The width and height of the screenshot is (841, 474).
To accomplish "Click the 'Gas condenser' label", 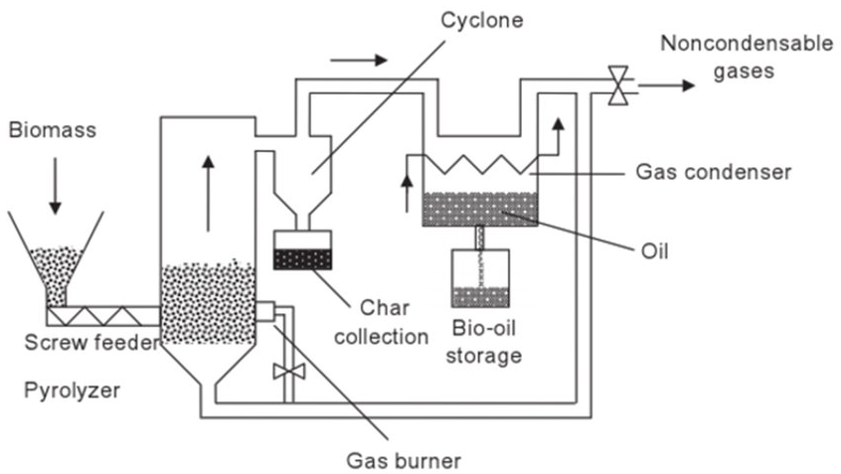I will coord(713,172).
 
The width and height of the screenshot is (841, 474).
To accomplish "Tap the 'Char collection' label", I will coord(381,322).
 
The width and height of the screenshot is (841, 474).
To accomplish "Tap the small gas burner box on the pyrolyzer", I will coord(264,311).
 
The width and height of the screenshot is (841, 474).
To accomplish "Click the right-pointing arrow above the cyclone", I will coord(359,60).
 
